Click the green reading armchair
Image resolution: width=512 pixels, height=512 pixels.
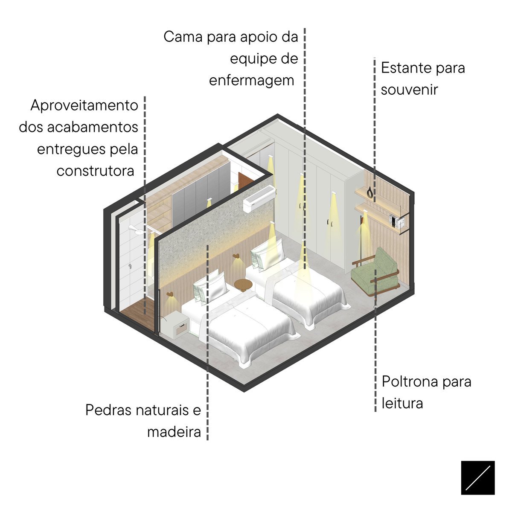tap(375, 272)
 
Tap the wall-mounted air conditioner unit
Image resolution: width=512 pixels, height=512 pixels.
tap(259, 199)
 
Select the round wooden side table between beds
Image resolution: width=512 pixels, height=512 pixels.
tap(243, 285)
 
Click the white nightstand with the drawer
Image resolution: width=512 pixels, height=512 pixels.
tap(175, 324)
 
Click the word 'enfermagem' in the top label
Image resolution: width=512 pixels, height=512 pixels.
tap(251, 81)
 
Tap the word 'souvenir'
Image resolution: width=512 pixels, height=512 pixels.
tap(409, 90)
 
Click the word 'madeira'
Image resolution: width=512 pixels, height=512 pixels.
tap(174, 431)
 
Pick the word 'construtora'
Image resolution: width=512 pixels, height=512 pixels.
tap(95, 171)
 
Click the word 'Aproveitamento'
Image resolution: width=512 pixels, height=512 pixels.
tap(84, 106)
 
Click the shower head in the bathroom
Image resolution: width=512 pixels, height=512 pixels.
tap(136, 230)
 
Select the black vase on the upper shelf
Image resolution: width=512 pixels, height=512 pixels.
tap(370, 192)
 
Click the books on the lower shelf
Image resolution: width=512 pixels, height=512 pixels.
tap(396, 221)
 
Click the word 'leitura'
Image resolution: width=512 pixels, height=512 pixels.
tap(402, 404)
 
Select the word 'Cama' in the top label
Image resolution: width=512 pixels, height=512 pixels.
tap(183, 37)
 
